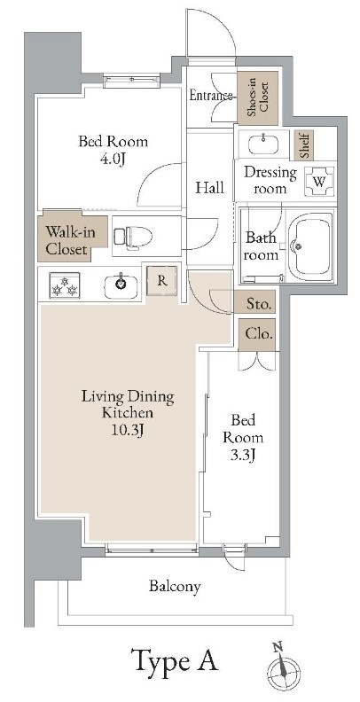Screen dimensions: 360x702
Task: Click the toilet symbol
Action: click(x=133, y=236)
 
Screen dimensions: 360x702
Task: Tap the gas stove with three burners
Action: click(x=65, y=285)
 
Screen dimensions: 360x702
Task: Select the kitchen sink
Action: click(x=120, y=286)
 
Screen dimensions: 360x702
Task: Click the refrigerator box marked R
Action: click(x=162, y=281)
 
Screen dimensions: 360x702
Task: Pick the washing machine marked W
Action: click(x=319, y=182)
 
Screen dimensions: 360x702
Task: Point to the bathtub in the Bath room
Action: click(x=309, y=246)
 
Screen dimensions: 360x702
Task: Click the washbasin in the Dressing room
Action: click(x=263, y=144)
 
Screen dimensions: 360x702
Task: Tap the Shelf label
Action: click(x=304, y=145)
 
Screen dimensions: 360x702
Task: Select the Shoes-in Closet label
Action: click(x=257, y=97)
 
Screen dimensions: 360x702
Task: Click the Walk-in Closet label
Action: click(x=67, y=240)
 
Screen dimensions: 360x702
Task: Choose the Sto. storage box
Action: click(x=259, y=305)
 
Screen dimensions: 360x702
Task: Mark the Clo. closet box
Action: click(x=259, y=334)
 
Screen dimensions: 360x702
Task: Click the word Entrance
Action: click(x=211, y=96)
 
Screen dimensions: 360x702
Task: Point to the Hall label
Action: click(x=209, y=188)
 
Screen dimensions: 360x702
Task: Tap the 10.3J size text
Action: click(x=128, y=430)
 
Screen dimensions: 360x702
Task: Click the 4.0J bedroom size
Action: click(x=113, y=158)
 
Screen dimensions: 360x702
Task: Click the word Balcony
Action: click(x=175, y=587)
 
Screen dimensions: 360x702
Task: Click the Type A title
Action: click(x=174, y=660)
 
